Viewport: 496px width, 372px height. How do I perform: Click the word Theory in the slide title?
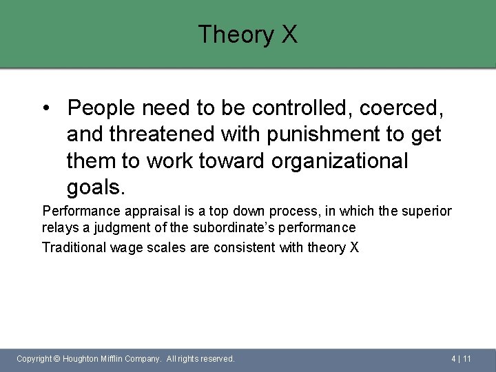pyautogui.click(x=236, y=34)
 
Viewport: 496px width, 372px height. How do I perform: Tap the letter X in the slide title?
pyautogui.click(x=289, y=34)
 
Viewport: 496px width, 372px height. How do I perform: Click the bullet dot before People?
pyautogui.click(x=45, y=108)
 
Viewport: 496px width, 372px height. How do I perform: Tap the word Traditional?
pyautogui.click(x=74, y=247)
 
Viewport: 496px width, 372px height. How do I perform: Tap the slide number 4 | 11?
pyautogui.click(x=461, y=359)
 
